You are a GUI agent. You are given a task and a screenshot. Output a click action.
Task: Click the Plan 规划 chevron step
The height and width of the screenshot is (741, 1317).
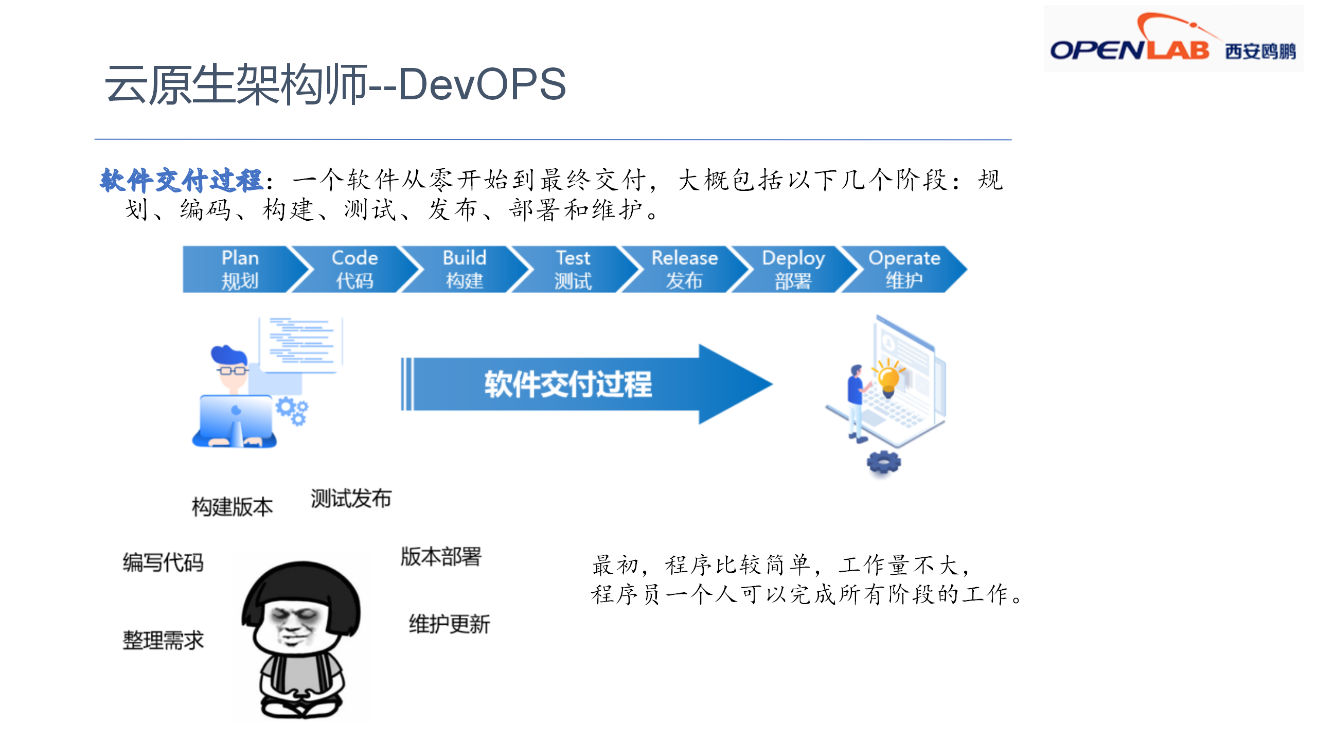pyautogui.click(x=240, y=269)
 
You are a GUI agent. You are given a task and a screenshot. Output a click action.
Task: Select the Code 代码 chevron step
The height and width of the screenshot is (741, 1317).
pyautogui.click(x=355, y=269)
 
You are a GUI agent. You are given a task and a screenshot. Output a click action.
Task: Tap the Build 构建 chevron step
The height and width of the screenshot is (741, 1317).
pyautogui.click(x=465, y=269)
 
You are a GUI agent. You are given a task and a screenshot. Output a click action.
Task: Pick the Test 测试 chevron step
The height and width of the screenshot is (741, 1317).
pyautogui.click(x=574, y=269)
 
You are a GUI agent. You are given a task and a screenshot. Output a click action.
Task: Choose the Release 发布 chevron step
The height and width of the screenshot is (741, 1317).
pyautogui.click(x=684, y=269)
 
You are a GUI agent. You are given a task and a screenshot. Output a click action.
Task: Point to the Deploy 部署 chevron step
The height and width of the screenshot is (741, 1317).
pyautogui.click(x=793, y=269)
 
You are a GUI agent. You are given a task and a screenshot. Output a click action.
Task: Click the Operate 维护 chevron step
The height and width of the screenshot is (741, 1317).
pyautogui.click(x=904, y=269)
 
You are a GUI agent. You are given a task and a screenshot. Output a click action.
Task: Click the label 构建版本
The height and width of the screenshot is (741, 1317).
pyautogui.click(x=232, y=507)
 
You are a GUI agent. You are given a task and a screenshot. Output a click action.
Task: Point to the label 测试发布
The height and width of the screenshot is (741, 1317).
pyautogui.click(x=351, y=499)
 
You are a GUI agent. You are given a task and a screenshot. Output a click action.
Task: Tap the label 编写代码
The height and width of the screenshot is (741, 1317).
pyautogui.click(x=163, y=562)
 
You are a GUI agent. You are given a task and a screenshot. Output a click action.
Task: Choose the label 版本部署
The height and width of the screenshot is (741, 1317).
pyautogui.click(x=441, y=557)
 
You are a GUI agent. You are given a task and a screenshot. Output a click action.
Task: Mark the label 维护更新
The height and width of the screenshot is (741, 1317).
pyautogui.click(x=449, y=624)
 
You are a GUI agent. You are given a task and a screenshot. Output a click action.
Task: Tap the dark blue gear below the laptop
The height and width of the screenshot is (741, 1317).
pyautogui.click(x=884, y=462)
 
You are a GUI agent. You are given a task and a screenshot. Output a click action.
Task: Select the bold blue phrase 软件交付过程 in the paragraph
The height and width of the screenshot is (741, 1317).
pyautogui.click(x=182, y=180)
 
